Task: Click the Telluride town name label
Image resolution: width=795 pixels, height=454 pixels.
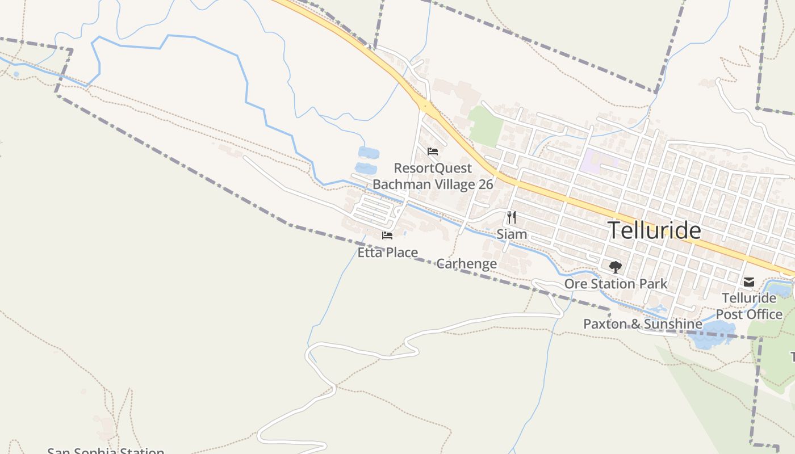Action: pyautogui.click(x=654, y=230)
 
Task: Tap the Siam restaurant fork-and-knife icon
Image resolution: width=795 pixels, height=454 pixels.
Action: pyautogui.click(x=512, y=217)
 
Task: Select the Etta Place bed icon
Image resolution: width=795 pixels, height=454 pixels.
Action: pyautogui.click(x=387, y=236)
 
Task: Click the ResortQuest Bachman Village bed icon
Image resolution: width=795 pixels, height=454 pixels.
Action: pyautogui.click(x=433, y=152)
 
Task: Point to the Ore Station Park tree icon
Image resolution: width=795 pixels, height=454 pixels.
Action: pyautogui.click(x=615, y=267)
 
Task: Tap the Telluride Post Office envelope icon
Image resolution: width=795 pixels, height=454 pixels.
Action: pyautogui.click(x=749, y=282)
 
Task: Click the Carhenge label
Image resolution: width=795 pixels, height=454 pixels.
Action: pyautogui.click(x=466, y=264)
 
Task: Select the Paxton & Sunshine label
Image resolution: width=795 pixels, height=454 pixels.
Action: pyautogui.click(x=643, y=324)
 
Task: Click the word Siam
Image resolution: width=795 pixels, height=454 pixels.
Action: pyautogui.click(x=512, y=234)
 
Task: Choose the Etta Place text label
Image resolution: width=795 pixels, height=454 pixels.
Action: pyautogui.click(x=387, y=253)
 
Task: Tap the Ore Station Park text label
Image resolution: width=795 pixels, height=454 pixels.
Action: pyautogui.click(x=616, y=284)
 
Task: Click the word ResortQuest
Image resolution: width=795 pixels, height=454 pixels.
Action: pyautogui.click(x=433, y=169)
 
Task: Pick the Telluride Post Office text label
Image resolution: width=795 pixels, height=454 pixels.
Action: pyautogui.click(x=749, y=306)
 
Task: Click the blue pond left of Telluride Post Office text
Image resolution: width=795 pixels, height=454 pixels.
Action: pyautogui.click(x=710, y=333)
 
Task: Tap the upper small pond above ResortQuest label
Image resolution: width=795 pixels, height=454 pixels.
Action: pyautogui.click(x=369, y=152)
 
